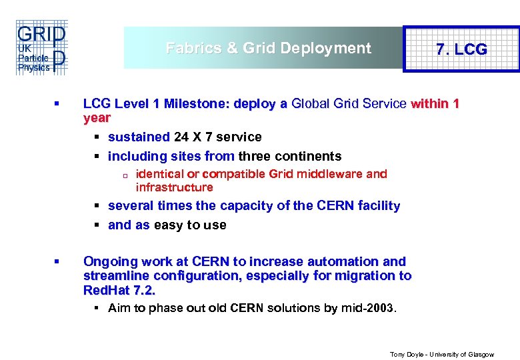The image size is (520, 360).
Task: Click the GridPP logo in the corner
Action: point(41,48)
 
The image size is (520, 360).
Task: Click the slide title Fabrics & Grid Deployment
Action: point(268,48)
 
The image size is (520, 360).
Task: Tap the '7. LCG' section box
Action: point(461,49)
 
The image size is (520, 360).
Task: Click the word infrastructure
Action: point(174,187)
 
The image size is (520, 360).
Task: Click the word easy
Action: point(167,225)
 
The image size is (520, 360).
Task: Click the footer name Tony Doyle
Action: point(405,355)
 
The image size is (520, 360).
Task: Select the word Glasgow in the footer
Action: point(481,355)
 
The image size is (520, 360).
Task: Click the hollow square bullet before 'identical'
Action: point(125,175)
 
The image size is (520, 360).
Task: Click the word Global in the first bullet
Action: point(313,104)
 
